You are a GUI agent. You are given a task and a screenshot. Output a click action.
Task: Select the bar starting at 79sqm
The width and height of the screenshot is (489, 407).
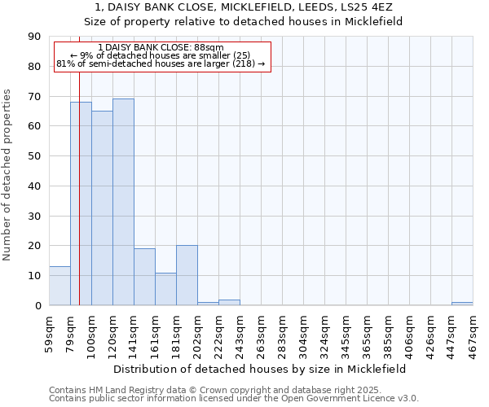[x=81, y=203]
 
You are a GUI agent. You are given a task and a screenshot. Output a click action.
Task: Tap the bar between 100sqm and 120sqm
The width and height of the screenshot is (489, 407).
[x=102, y=208]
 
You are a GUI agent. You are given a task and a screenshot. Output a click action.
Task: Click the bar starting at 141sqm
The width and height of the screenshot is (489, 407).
[x=144, y=277]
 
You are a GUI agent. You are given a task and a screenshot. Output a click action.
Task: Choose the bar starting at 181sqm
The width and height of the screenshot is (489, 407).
[x=187, y=275]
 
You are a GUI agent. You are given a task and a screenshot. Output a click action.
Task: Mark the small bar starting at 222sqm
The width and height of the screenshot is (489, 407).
[x=229, y=303]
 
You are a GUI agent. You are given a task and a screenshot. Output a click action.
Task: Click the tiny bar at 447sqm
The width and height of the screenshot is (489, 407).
[x=462, y=304]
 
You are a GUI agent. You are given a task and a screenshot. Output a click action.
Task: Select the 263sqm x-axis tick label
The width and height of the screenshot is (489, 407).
[x=261, y=333]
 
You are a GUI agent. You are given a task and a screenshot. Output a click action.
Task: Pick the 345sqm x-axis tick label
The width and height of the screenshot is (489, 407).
[x=346, y=333]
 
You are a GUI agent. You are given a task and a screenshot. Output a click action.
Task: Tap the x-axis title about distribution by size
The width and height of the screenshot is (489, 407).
[x=261, y=369]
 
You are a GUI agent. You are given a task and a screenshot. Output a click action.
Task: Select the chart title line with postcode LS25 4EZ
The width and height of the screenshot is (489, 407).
[x=244, y=7]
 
